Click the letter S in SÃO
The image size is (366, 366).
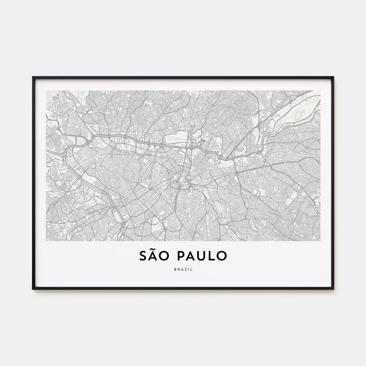[143, 256]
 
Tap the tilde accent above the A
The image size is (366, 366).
[153, 249]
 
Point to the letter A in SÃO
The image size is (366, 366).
[153, 256]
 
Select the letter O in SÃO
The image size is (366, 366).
[165, 256]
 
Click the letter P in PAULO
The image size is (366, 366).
[181, 256]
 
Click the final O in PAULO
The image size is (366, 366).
[222, 256]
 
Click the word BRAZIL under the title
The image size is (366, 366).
[183, 269]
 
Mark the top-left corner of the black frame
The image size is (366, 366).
[33, 77]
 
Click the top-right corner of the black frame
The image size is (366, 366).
[333, 77]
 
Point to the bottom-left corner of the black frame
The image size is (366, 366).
[33, 289]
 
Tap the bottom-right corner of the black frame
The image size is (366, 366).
[333, 289]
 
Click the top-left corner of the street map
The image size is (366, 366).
[46, 91]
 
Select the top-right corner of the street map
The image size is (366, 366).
[320, 91]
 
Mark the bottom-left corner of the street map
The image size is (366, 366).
[46, 241]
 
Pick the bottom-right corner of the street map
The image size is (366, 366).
[320, 241]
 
